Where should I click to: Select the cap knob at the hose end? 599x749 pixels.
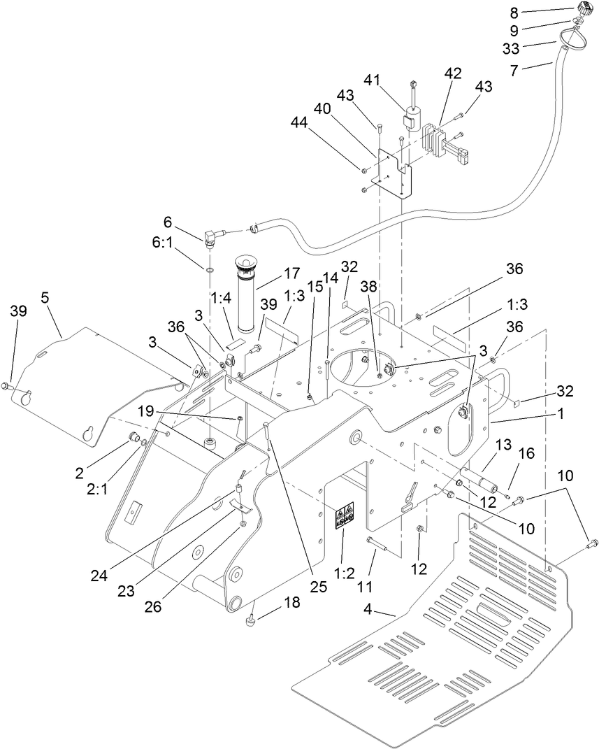583,11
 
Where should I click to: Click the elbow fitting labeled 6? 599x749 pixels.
210,238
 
